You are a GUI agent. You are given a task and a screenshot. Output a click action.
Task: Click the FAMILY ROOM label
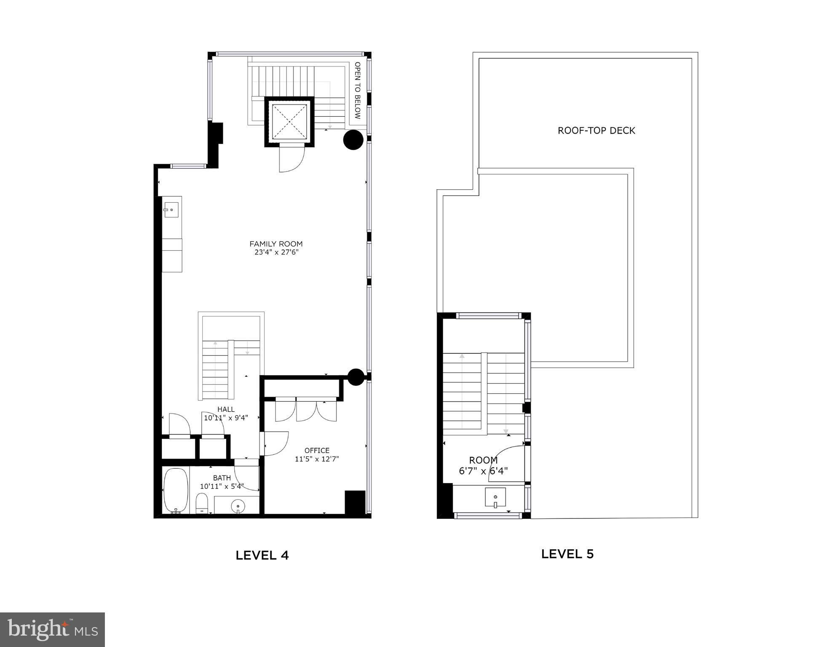tap(276, 244)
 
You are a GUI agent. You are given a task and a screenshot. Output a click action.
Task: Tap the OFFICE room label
tap(317, 450)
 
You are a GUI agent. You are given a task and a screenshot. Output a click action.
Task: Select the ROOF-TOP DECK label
tap(596, 131)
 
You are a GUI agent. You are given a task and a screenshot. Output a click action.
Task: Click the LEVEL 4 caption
tap(262, 555)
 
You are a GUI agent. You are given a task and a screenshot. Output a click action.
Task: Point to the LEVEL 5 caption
tap(567, 553)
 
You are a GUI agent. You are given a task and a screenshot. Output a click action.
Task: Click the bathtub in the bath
tap(176, 490)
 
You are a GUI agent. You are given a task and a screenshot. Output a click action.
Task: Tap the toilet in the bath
tap(202, 503)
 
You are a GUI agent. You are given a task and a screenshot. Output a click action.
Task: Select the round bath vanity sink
tap(238, 505)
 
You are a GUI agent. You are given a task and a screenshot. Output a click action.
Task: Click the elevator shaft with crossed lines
tap(289, 121)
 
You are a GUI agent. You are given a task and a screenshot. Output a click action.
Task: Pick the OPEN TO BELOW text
tap(358, 90)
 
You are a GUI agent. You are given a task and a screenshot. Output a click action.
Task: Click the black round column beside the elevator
tap(353, 140)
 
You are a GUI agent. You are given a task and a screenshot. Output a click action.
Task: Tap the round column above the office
tap(356, 377)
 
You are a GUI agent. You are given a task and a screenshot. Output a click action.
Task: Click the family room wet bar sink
tap(171, 209)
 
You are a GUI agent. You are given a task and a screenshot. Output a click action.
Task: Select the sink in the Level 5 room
tap(495, 497)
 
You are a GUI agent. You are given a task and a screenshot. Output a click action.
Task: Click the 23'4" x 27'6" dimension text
tap(276, 252)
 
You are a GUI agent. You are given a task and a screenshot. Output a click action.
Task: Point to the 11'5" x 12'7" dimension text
tap(317, 459)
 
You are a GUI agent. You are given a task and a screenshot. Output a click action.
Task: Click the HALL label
tap(226, 409)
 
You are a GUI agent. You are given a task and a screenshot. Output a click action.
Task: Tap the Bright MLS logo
tap(52, 629)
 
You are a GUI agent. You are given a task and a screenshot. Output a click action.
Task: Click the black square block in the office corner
tap(355, 502)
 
